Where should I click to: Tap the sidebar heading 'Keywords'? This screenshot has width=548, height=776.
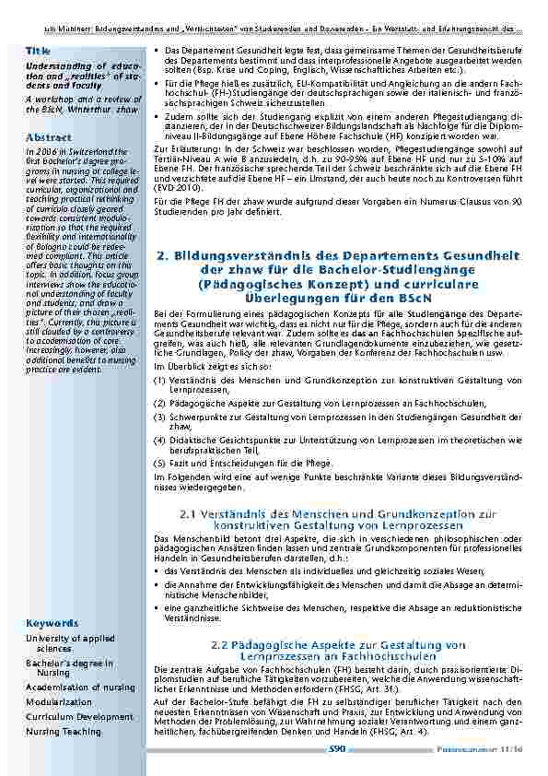pos(52,622)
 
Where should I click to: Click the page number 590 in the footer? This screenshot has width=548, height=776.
pos(336,750)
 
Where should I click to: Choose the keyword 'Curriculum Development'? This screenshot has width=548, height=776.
pos(79,716)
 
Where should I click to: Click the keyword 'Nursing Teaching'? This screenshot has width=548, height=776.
pos(63,731)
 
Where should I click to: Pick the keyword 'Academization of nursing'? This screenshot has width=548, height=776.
pos(80,687)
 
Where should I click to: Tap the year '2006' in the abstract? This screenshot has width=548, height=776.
pos(46,152)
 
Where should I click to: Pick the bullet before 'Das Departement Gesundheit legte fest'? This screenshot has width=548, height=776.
pos(157,48)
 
